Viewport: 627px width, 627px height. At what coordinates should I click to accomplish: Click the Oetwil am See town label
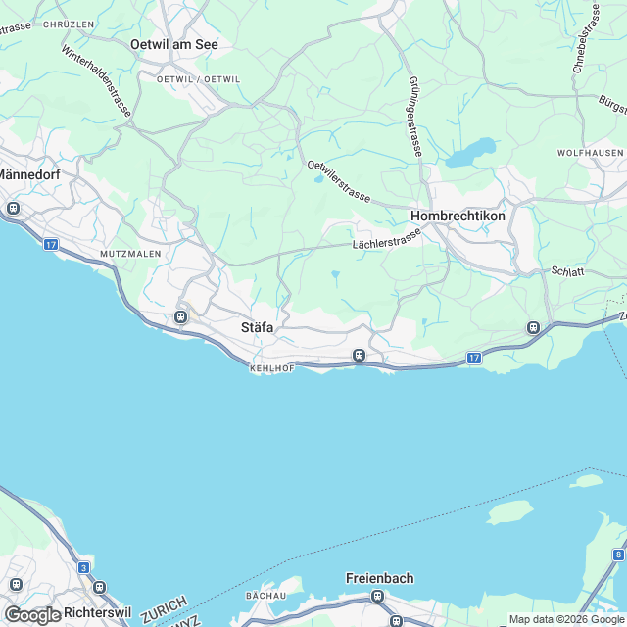click(x=174, y=44)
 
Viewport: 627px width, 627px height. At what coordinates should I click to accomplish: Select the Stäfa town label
click(x=257, y=328)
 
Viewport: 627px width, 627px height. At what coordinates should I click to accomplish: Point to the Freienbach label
click(x=379, y=578)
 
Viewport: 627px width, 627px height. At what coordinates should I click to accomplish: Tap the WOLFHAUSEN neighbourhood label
click(x=590, y=153)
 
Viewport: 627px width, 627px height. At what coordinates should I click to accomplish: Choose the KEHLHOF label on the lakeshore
click(x=271, y=368)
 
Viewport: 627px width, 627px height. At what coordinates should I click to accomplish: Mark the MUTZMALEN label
click(x=129, y=253)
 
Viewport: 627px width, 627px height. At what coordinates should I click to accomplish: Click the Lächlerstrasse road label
click(x=385, y=239)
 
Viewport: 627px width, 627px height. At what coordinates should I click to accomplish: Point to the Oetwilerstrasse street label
click(x=338, y=182)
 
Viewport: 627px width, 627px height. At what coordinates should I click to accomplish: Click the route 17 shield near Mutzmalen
click(x=51, y=243)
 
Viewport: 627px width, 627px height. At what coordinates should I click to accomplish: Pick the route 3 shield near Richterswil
click(x=84, y=567)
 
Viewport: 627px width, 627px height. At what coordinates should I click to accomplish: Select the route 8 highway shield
click(x=617, y=555)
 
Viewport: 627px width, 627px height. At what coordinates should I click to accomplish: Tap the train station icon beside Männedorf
click(x=14, y=208)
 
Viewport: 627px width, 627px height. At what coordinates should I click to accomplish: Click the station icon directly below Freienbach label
click(x=375, y=596)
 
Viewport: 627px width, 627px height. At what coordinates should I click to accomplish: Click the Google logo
click(x=32, y=615)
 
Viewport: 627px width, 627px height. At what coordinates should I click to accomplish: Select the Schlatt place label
click(x=568, y=271)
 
